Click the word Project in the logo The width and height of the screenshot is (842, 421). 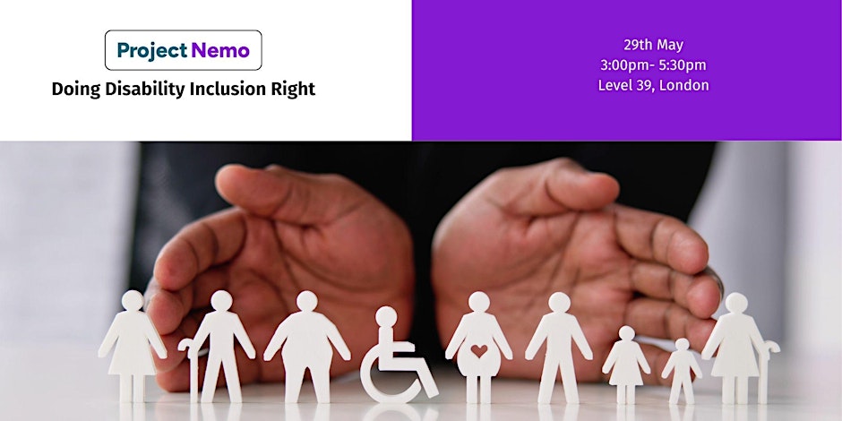click(152, 50)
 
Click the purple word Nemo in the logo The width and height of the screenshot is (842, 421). click(220, 50)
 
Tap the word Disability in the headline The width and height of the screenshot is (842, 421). click(144, 90)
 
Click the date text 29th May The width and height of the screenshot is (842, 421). click(653, 45)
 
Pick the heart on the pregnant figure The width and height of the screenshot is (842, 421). click(479, 350)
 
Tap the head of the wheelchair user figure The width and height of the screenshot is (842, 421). click(385, 316)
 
